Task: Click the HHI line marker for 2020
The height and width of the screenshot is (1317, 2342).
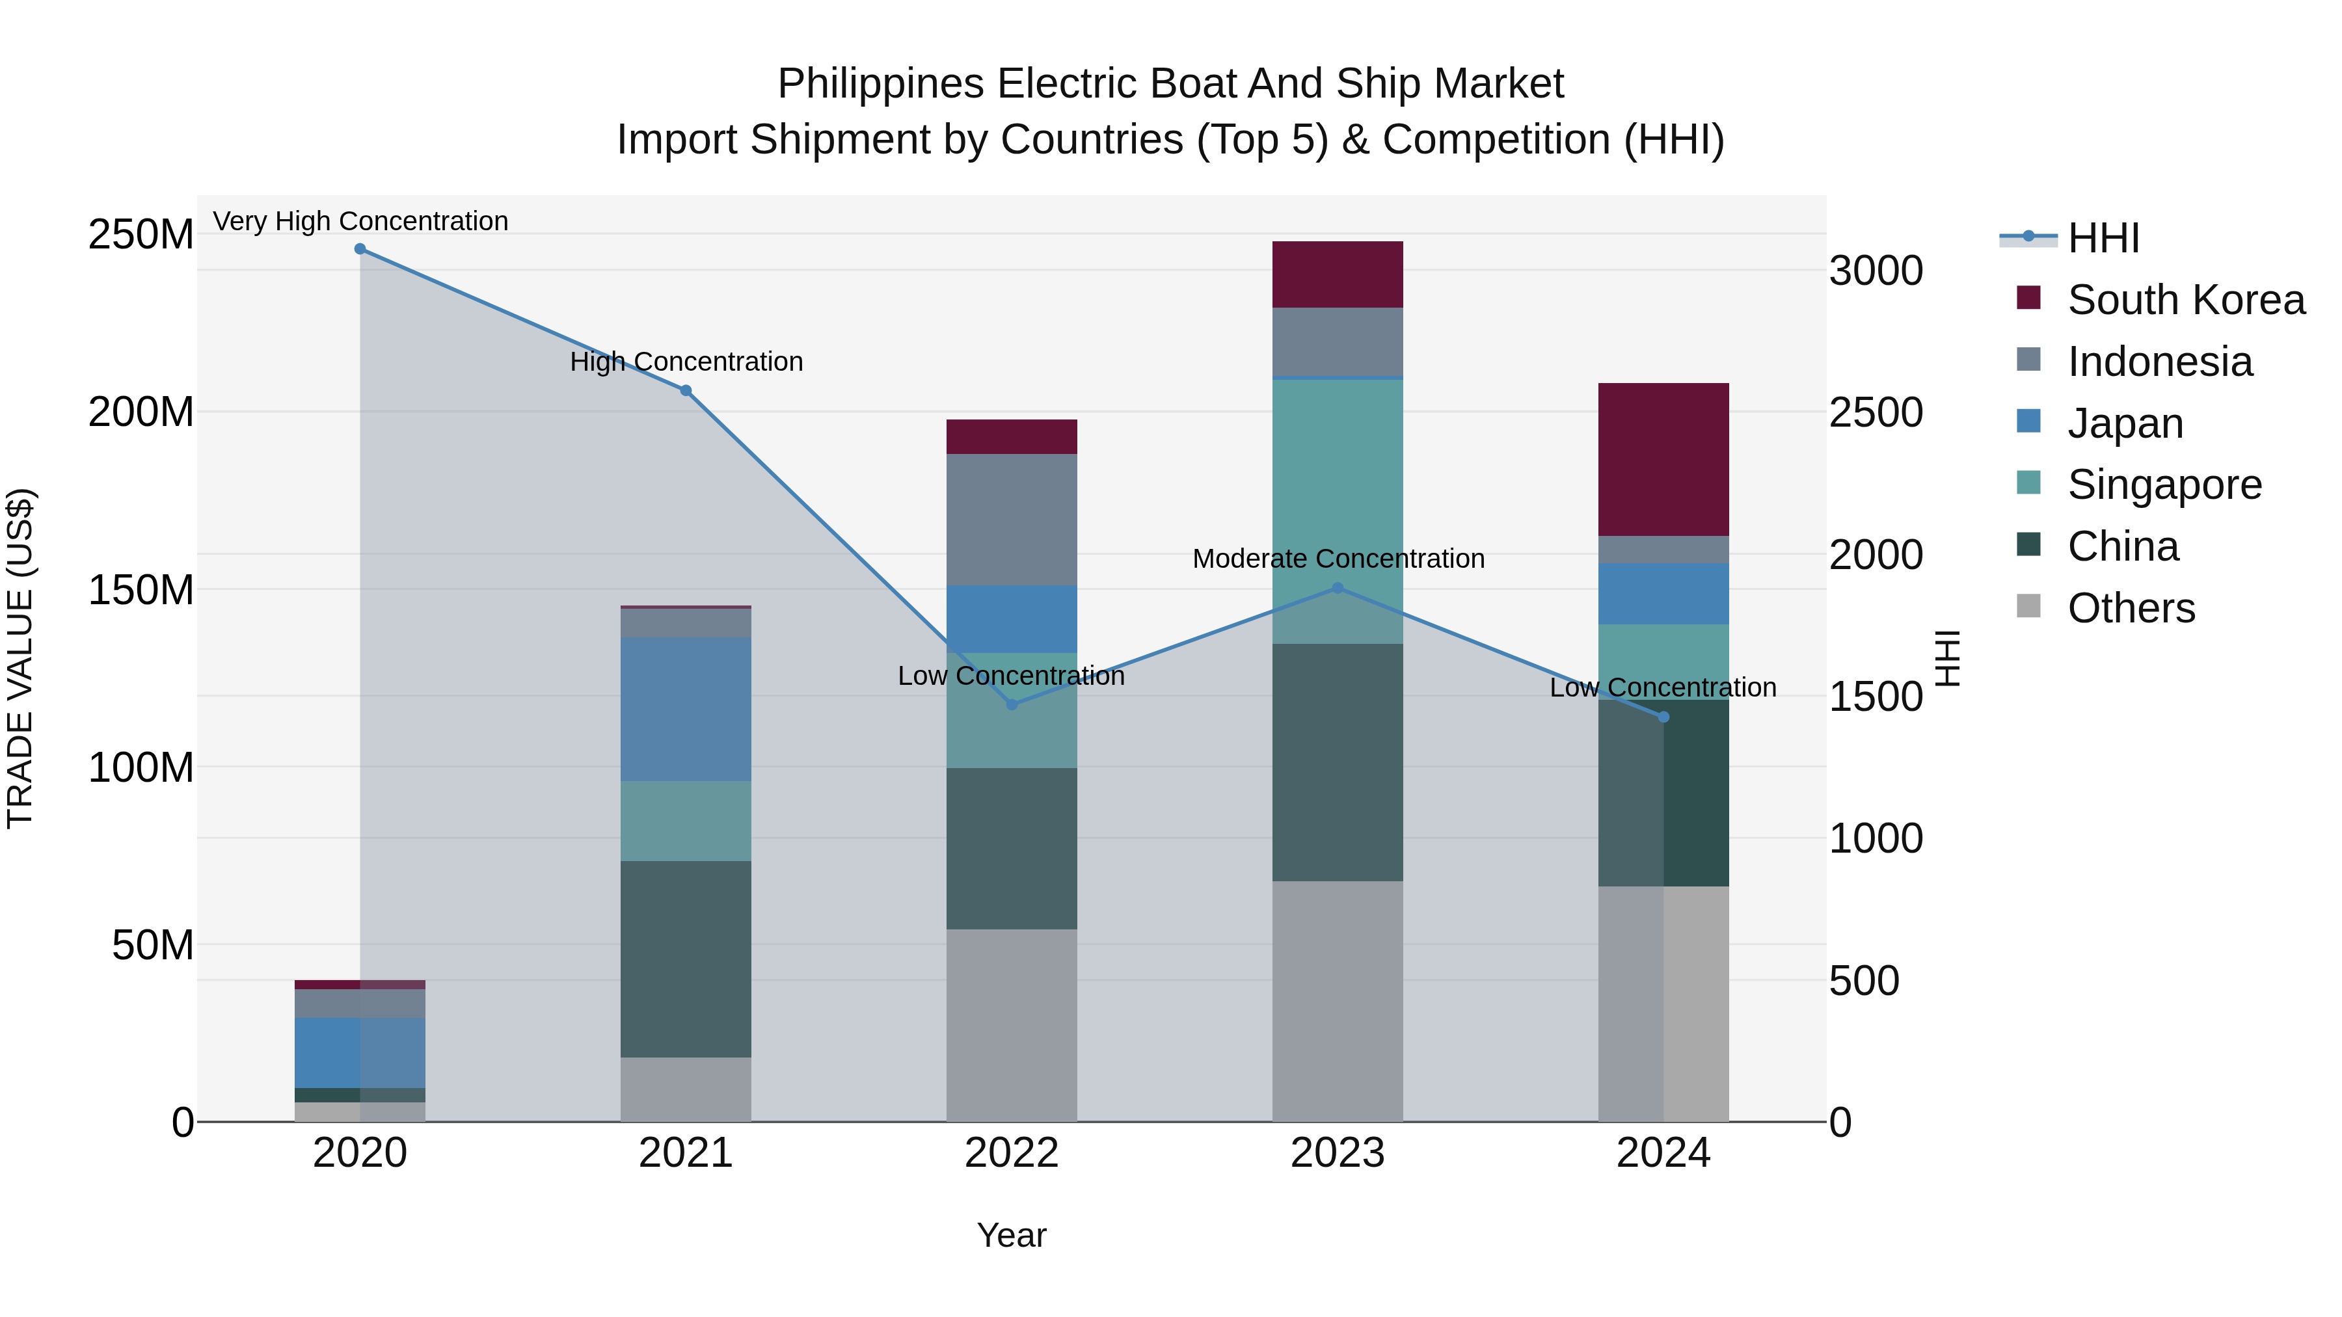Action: (360, 249)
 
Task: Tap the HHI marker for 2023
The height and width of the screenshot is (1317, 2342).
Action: (1338, 588)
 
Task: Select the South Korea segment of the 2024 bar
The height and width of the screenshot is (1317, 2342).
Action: (1663, 459)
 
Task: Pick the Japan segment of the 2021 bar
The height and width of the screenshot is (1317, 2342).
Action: (686, 709)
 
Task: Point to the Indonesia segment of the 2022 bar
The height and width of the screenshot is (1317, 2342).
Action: (1011, 519)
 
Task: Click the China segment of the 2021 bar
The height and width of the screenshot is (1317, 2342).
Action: (686, 959)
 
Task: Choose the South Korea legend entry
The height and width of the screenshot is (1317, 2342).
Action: (2186, 300)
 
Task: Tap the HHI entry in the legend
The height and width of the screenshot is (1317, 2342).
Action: (2103, 238)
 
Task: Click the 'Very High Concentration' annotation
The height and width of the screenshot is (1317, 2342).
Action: (361, 222)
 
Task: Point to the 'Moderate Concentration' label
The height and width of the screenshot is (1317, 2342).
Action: (1338, 559)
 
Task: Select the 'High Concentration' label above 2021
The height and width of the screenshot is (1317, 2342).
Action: (686, 362)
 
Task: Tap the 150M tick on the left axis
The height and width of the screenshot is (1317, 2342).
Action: (141, 590)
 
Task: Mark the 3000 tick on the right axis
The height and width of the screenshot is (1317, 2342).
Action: (1876, 271)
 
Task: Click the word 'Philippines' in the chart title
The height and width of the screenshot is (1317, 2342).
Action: (880, 85)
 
